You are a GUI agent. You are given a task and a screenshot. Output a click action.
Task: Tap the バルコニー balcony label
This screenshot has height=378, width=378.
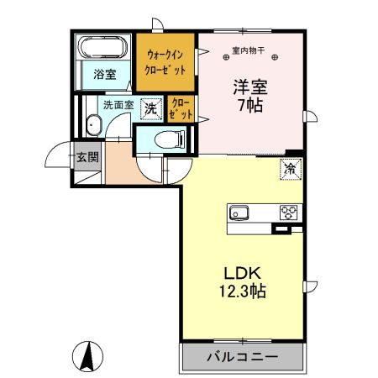click(241, 357)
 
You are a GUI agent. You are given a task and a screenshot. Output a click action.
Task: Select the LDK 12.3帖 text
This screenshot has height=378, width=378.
click(244, 282)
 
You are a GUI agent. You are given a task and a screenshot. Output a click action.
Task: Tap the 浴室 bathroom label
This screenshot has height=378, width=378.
click(105, 74)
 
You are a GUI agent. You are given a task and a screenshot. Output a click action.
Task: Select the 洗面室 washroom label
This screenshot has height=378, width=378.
click(118, 107)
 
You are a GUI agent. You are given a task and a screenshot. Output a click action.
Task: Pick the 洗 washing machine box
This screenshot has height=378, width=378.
click(150, 108)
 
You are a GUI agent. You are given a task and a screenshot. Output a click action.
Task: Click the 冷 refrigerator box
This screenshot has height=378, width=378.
click(291, 168)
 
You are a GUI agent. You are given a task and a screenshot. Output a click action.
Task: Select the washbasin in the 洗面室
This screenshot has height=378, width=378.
click(93, 126)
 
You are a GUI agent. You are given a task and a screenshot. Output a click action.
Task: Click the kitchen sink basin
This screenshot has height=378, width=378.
click(238, 212)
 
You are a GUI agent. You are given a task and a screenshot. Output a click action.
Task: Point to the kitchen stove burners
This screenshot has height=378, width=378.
click(289, 212)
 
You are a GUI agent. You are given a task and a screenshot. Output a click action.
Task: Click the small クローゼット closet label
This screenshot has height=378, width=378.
click(181, 108)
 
